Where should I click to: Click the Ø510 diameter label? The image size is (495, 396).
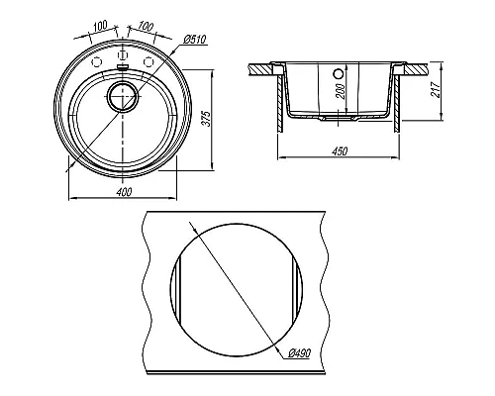pyautogui.click(x=195, y=40)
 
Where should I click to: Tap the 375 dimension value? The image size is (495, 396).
pyautogui.click(x=206, y=119)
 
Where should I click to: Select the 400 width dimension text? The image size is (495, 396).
pyautogui.click(x=124, y=191)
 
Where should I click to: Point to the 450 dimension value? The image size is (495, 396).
pyautogui.click(x=340, y=150)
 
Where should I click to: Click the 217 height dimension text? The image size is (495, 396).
pyautogui.click(x=436, y=89)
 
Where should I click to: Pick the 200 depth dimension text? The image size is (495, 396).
pyautogui.click(x=342, y=91)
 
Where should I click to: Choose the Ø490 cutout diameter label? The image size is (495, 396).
pyautogui.click(x=299, y=353)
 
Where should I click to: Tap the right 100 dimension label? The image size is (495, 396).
pyautogui.click(x=146, y=26)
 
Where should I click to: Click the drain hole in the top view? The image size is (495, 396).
pyautogui.click(x=122, y=96)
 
